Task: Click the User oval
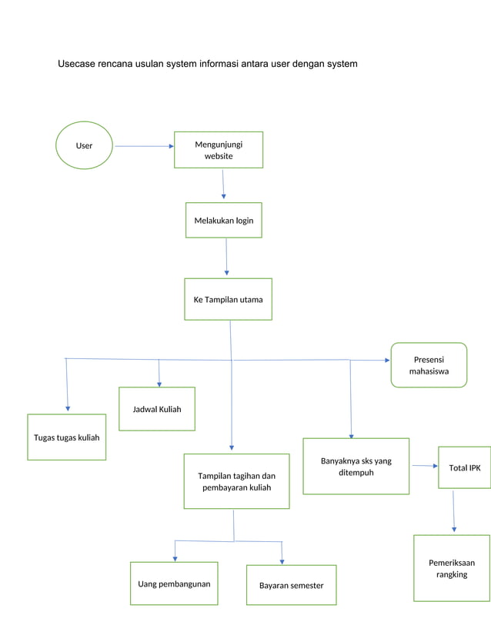(84, 145)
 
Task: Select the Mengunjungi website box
(219, 149)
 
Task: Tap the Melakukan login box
(223, 220)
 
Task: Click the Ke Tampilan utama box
(228, 299)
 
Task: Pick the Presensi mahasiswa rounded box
(429, 365)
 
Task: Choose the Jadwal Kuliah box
(157, 409)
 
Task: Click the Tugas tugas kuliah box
(67, 437)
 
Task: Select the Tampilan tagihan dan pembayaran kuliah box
(236, 481)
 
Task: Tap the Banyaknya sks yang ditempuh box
(356, 466)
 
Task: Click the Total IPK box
(464, 467)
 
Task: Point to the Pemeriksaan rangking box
(452, 568)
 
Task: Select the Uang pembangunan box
(174, 583)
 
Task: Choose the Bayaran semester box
(291, 585)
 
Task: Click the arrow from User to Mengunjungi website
(144, 145)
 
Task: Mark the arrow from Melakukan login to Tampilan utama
(226, 257)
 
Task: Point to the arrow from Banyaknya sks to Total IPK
(424, 466)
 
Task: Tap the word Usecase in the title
(76, 64)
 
